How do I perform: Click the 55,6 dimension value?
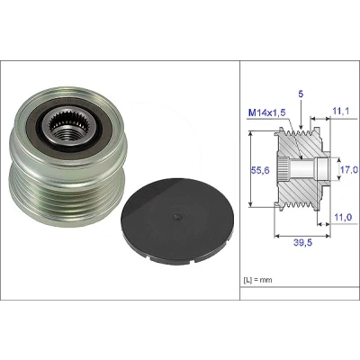pos(260,170)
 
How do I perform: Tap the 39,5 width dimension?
pos(302,242)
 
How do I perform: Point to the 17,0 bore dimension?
pos(349,170)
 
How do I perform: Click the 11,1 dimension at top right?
pos(341,112)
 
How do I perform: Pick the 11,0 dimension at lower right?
pos(343,217)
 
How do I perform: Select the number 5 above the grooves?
pos(301,94)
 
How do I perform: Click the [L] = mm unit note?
pos(257,280)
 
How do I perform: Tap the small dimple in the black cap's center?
pos(177,217)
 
